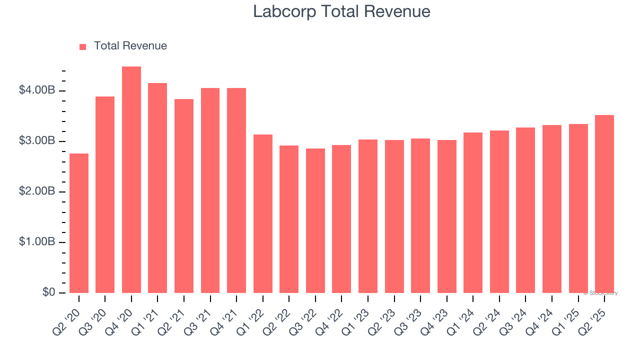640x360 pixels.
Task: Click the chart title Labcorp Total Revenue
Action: coord(341,11)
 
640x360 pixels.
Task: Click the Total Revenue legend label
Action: coord(130,46)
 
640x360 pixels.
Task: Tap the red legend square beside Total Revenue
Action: coord(83,46)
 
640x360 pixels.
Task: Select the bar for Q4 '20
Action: coord(131,179)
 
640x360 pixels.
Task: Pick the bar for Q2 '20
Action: coord(79,223)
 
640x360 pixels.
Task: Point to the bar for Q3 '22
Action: coord(315,220)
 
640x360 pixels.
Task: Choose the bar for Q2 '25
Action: coord(604,204)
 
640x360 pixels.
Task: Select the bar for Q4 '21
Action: coord(236,190)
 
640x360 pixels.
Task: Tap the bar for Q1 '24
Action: coord(473,212)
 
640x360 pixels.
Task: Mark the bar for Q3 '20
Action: coord(105,194)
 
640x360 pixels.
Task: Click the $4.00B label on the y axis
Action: coord(37,90)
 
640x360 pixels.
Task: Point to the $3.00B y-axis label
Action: coord(37,141)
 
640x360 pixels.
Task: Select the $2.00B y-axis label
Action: coord(37,191)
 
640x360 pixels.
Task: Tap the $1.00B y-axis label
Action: coord(37,242)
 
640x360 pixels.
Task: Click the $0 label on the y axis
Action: coord(48,292)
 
